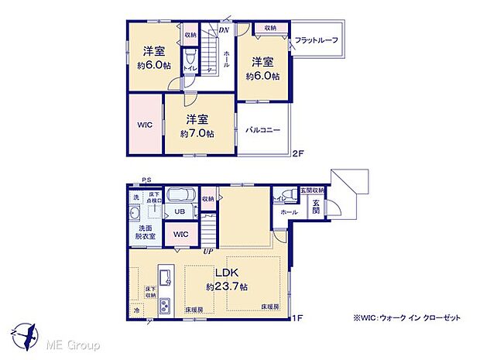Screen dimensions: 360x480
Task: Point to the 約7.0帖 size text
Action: tap(195, 133)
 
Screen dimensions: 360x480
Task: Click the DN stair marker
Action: tap(224, 30)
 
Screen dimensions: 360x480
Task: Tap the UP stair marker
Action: tap(207, 251)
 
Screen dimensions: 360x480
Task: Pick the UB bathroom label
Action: tap(179, 211)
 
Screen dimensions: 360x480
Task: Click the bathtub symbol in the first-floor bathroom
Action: tap(181, 195)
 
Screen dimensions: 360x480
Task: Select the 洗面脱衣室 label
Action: tap(143, 233)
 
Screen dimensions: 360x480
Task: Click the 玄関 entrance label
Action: tap(316, 207)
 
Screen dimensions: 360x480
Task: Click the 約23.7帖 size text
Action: tap(221, 287)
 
